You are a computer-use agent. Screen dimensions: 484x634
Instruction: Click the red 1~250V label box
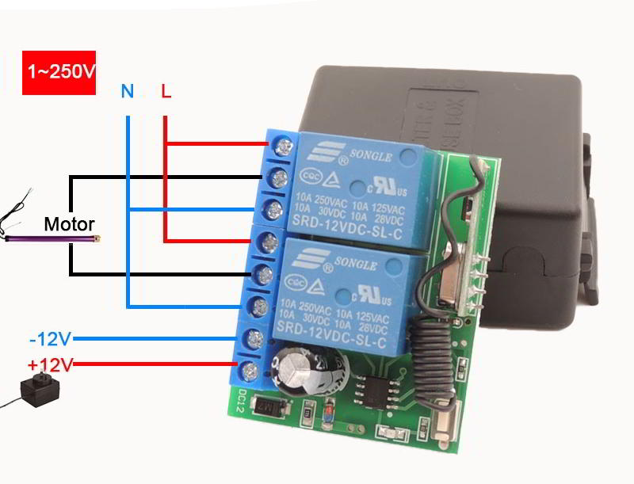59,72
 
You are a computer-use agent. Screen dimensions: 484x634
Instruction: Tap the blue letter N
128,91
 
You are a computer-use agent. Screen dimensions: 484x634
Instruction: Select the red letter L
166,91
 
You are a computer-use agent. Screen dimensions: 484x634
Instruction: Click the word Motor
69,224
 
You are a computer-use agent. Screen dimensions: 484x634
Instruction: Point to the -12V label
50,339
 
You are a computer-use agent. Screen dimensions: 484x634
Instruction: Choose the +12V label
50,364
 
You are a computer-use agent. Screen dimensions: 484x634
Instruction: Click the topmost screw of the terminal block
279,145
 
